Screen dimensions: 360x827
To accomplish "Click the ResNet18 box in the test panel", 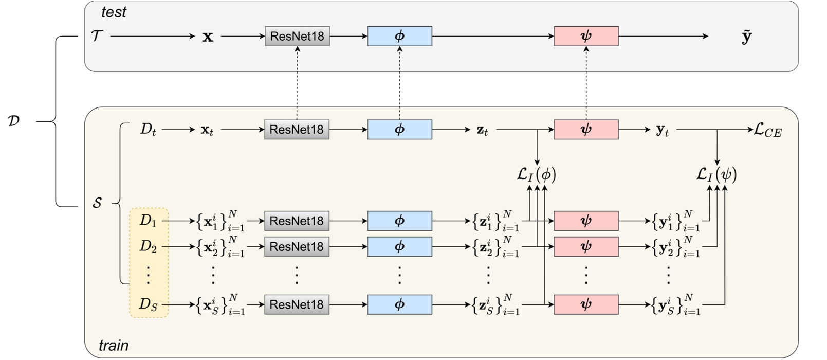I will tap(297, 37).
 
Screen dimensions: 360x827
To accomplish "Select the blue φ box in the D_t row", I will tap(399, 130).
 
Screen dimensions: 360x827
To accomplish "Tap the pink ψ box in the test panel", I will tap(586, 37).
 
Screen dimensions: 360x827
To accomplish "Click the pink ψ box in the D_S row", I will tap(586, 304).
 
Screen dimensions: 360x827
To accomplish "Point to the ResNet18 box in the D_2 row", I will tap(297, 247).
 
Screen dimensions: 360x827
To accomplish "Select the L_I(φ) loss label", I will tap(536, 175).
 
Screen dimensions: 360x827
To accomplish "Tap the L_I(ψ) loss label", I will tap(716, 175).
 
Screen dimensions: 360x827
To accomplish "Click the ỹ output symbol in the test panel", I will tap(747, 37).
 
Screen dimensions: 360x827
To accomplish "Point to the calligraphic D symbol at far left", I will tap(14, 122).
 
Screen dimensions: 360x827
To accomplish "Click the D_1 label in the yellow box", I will tap(148, 221).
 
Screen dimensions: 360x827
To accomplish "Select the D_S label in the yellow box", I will tap(148, 304).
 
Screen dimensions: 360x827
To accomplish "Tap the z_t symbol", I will tap(482, 130).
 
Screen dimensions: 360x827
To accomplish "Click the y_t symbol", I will tap(663, 130).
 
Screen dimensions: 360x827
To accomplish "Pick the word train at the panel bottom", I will tap(114, 345).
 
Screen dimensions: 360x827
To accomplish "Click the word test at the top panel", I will tap(114, 12).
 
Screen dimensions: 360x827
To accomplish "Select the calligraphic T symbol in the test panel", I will tap(97, 36).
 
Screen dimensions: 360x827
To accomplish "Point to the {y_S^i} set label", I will tap(676, 304).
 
